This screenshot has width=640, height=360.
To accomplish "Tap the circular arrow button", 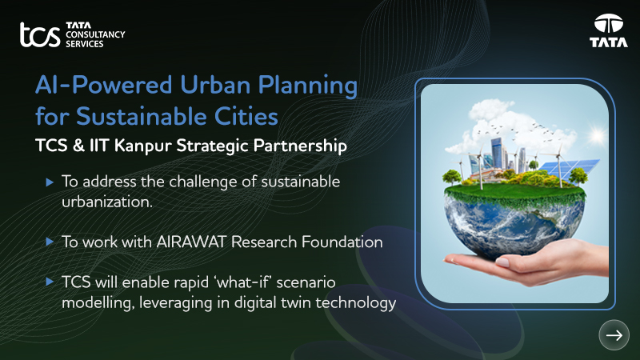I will pyautogui.click(x=614, y=336).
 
